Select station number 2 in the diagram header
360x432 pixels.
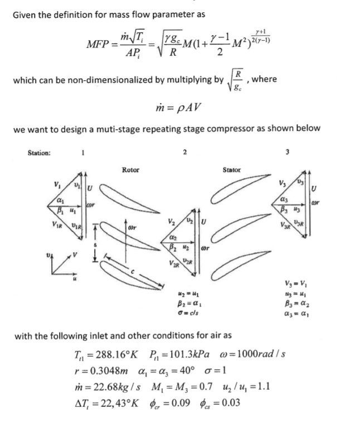tap(184, 151)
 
